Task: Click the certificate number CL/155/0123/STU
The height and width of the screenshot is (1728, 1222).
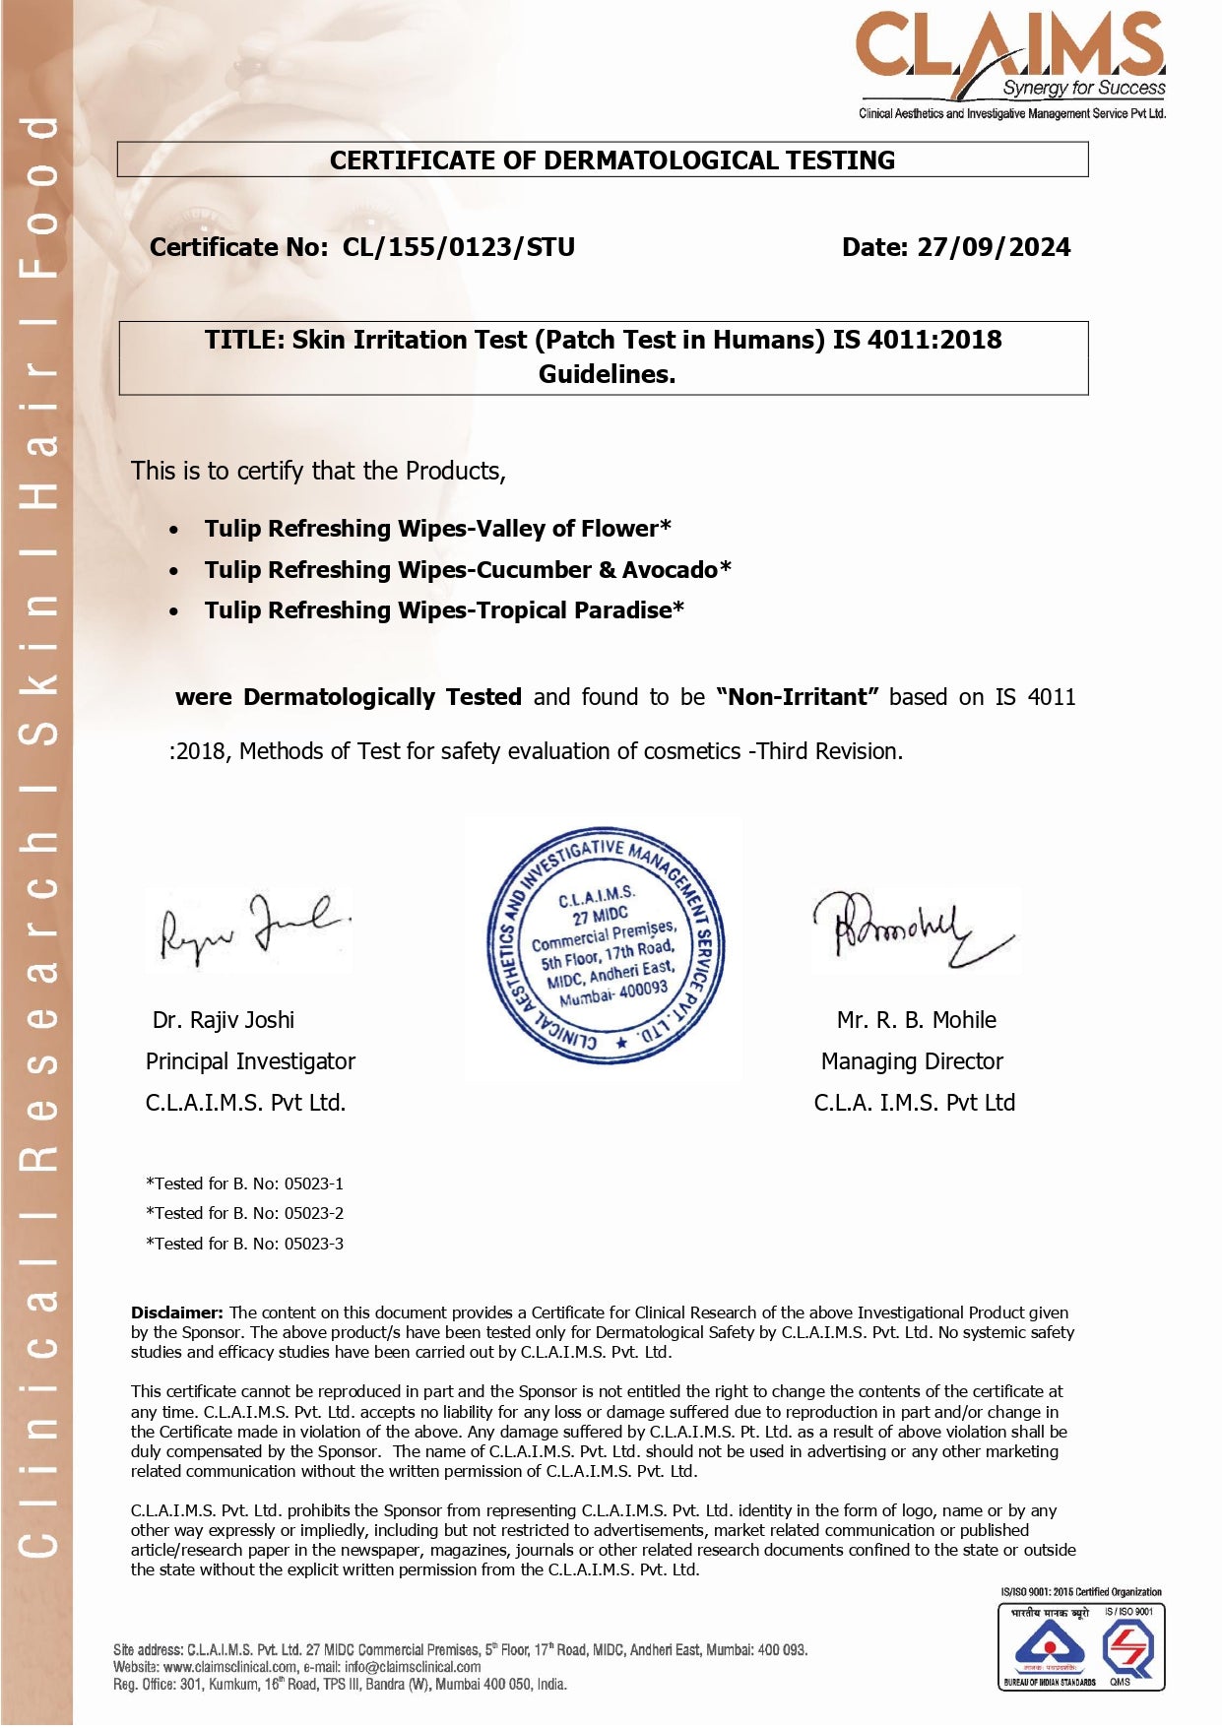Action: point(458,247)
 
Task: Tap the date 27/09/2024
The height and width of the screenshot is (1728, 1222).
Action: point(994,247)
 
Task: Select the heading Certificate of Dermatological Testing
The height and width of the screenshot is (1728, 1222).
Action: point(611,160)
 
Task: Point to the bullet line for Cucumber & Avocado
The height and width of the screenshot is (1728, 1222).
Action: point(468,570)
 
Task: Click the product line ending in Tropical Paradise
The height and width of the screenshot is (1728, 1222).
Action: point(444,610)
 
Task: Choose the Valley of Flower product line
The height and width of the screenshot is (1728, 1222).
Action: point(437,529)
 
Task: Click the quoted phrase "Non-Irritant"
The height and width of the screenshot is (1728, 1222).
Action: point(798,697)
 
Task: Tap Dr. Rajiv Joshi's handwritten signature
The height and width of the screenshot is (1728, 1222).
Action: point(253,928)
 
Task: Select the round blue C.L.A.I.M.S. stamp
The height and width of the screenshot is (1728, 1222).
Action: point(607,946)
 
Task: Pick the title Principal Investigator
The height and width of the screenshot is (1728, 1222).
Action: point(250,1061)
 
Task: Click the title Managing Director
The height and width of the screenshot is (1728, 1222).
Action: point(912,1061)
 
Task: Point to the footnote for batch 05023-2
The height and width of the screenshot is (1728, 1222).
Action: point(244,1213)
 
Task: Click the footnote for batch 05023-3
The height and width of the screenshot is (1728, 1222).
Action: point(244,1244)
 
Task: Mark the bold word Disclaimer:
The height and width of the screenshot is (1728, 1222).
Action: point(177,1312)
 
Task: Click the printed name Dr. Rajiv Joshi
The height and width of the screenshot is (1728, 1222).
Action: point(224,1020)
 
